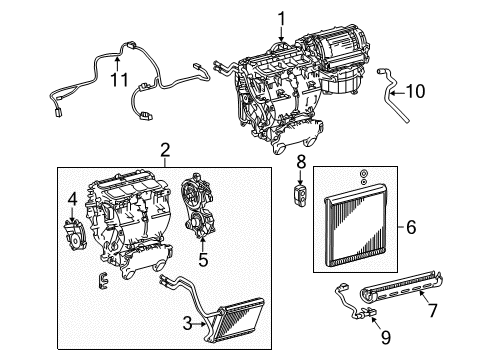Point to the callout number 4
pyautogui.click(x=71, y=210)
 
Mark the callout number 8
pyautogui.click(x=301, y=161)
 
